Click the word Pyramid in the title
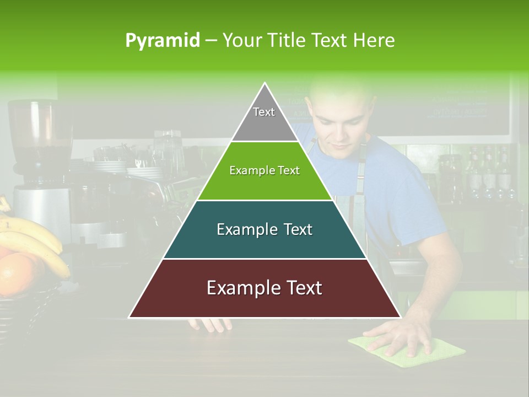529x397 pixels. (163, 41)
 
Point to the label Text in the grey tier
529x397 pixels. (264, 112)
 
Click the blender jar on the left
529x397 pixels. (39, 132)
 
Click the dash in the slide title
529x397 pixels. (211, 41)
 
